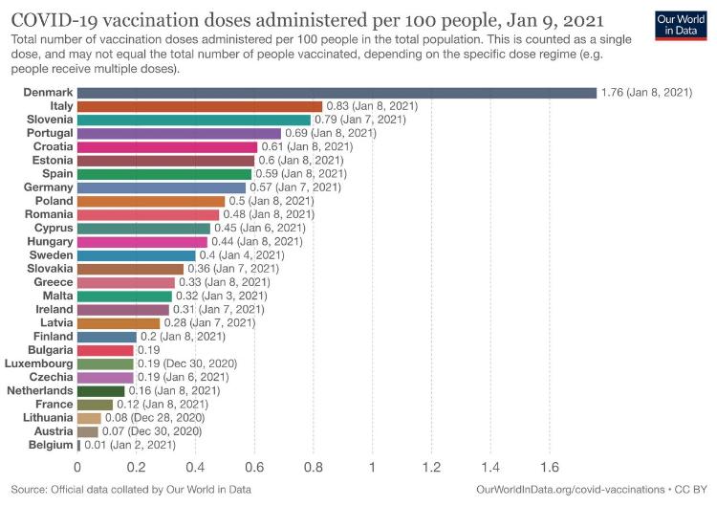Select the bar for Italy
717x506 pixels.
[200, 106]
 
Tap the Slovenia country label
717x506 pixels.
[47, 120]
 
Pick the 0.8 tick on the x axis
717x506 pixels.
[314, 468]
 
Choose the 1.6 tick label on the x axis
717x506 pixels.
[550, 468]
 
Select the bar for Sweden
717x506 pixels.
[137, 255]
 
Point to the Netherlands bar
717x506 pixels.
[101, 391]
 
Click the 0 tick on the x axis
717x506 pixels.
[77, 468]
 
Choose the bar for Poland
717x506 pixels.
[151, 201]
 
